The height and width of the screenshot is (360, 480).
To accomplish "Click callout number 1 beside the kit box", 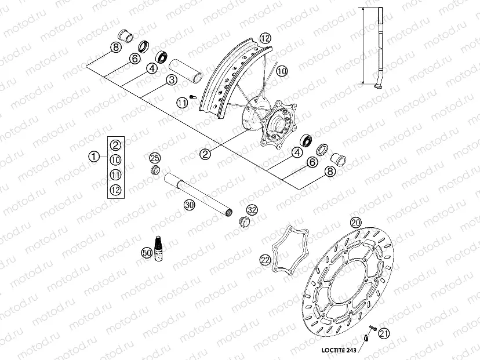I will pos(93,156).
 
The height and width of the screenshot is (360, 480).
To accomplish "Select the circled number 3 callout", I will pos(171,81).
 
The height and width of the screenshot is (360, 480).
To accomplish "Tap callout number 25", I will pos(154,158).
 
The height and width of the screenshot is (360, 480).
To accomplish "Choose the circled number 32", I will pos(251,209).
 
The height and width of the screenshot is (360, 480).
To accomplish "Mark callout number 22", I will pos(266,260).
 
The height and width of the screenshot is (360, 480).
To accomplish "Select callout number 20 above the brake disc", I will pos(355,222).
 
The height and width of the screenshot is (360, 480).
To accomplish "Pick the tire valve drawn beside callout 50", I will pos(157,247).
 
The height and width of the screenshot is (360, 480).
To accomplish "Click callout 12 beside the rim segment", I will pos(265,38).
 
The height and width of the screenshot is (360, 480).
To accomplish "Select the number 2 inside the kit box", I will pos(115,146).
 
